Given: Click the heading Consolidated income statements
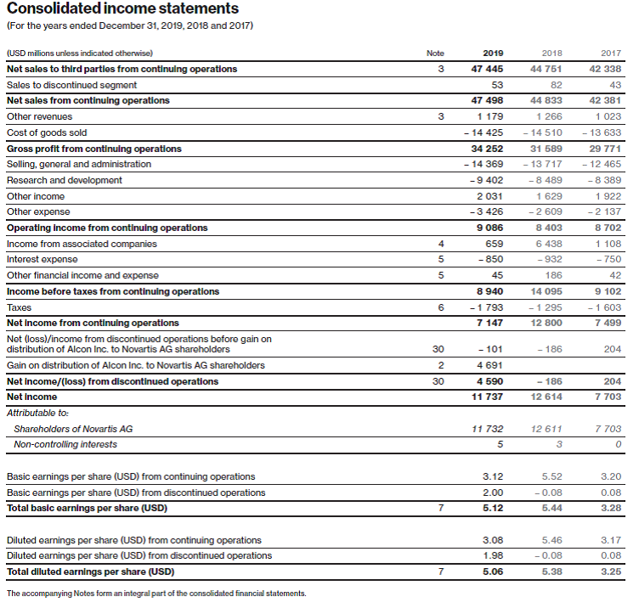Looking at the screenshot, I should click(122, 9).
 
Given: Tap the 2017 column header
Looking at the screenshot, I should click(610, 53).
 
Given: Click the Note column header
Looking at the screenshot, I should click(435, 53).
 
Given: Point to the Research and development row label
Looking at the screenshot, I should click(65, 180).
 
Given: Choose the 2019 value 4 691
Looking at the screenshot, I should click(490, 365).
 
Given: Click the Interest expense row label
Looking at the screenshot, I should click(42, 259).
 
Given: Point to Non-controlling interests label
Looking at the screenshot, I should click(65, 444).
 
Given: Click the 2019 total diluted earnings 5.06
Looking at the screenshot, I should click(492, 571).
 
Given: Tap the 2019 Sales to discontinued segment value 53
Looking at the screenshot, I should click(497, 85).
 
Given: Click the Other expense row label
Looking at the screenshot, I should click(38, 211).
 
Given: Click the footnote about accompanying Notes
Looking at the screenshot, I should click(156, 594).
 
